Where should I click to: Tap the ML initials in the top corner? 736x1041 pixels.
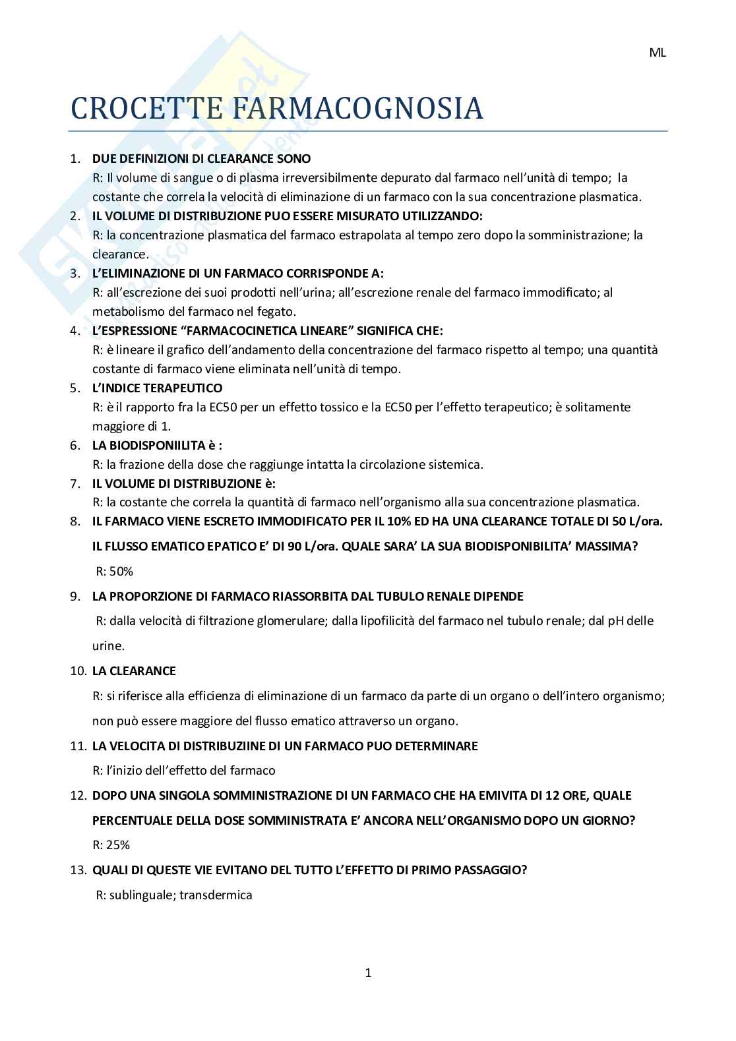tap(658, 53)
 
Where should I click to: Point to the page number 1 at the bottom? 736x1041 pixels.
tap(368, 972)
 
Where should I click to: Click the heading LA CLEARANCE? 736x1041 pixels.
tap(134, 670)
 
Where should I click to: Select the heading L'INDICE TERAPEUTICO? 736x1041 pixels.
tap(157, 388)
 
